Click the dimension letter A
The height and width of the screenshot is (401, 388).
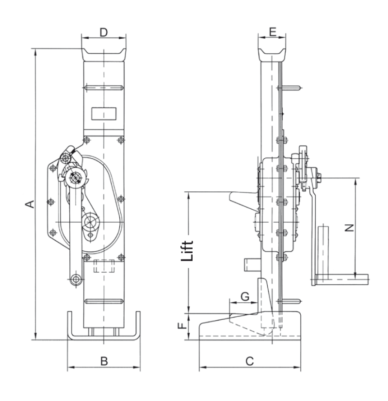(x=30, y=204)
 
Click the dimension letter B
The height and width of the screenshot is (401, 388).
(x=104, y=361)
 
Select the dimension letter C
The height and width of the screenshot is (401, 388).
(x=249, y=361)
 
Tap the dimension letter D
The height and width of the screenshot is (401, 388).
(x=104, y=32)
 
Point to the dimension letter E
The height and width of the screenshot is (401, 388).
(x=273, y=32)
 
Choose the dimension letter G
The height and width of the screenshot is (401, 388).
(x=245, y=297)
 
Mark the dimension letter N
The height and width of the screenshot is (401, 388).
(x=349, y=228)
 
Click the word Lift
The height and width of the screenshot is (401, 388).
(x=187, y=251)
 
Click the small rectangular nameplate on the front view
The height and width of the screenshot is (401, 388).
(x=104, y=113)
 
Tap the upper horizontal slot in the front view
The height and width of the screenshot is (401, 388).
(x=104, y=88)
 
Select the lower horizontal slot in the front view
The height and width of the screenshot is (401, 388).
(x=104, y=301)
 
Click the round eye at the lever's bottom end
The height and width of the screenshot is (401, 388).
(x=76, y=279)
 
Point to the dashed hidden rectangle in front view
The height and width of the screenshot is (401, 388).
(x=104, y=266)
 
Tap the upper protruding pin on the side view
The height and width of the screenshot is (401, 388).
(x=289, y=88)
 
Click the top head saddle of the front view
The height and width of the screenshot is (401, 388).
(x=104, y=55)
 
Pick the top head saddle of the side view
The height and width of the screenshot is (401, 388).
(x=272, y=55)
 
